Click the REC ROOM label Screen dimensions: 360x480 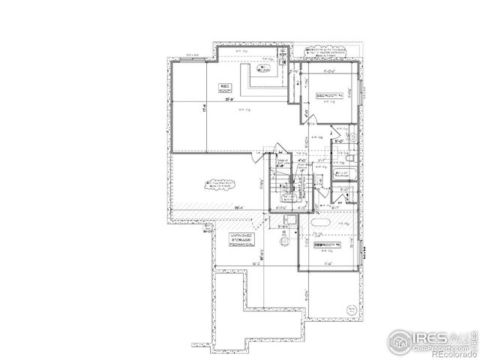225,87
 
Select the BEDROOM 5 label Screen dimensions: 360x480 328,244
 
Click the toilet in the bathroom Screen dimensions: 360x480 349,159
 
